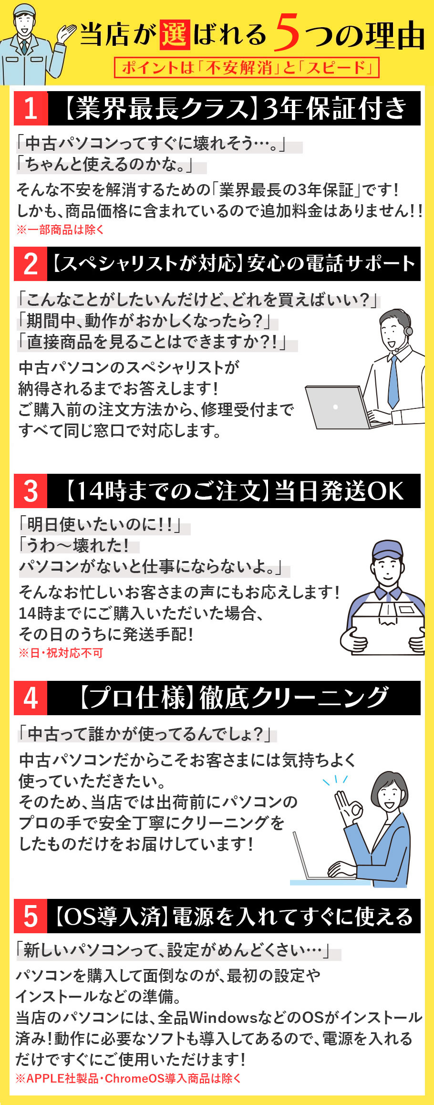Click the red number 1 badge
point(31,108)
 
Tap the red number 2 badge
point(31,264)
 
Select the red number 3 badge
point(31,491)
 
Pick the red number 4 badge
point(31,698)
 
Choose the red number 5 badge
point(31,916)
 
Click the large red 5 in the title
point(287,32)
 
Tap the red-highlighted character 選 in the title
point(175,34)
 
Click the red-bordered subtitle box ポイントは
point(247,67)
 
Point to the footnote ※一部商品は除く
point(61,229)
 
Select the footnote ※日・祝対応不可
point(61,653)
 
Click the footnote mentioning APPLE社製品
point(128,1078)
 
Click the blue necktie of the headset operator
point(393,382)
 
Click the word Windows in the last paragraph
point(223,1018)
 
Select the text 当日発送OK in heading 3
point(339,491)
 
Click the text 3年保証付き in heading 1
point(334,108)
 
